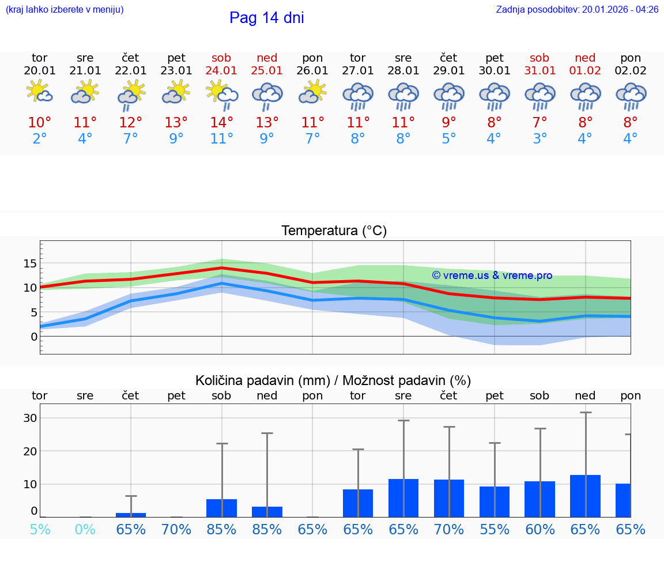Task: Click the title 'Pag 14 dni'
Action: pos(266,18)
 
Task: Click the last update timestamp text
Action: pos(577,9)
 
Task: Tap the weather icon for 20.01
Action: pos(40,92)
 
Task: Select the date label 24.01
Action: pos(221,71)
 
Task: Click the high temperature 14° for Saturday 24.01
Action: pos(221,122)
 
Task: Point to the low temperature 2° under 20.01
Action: pos(40,139)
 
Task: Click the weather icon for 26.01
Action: pos(312,92)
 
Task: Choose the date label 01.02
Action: pos(585,71)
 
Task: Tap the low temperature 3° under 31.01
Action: pos(540,139)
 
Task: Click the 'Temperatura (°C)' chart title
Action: pos(334,231)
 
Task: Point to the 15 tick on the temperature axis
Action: pos(30,263)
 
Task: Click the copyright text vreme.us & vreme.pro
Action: pos(492,276)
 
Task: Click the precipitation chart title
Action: pos(333,380)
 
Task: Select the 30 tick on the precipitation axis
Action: pos(30,418)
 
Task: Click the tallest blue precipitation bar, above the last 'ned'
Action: pos(585,496)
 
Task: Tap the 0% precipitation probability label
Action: pos(85,529)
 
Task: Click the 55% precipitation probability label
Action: pos(495,529)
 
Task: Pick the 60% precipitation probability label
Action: pos(540,529)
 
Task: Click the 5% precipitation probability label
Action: pos(40,529)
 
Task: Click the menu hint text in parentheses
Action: pos(65,9)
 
